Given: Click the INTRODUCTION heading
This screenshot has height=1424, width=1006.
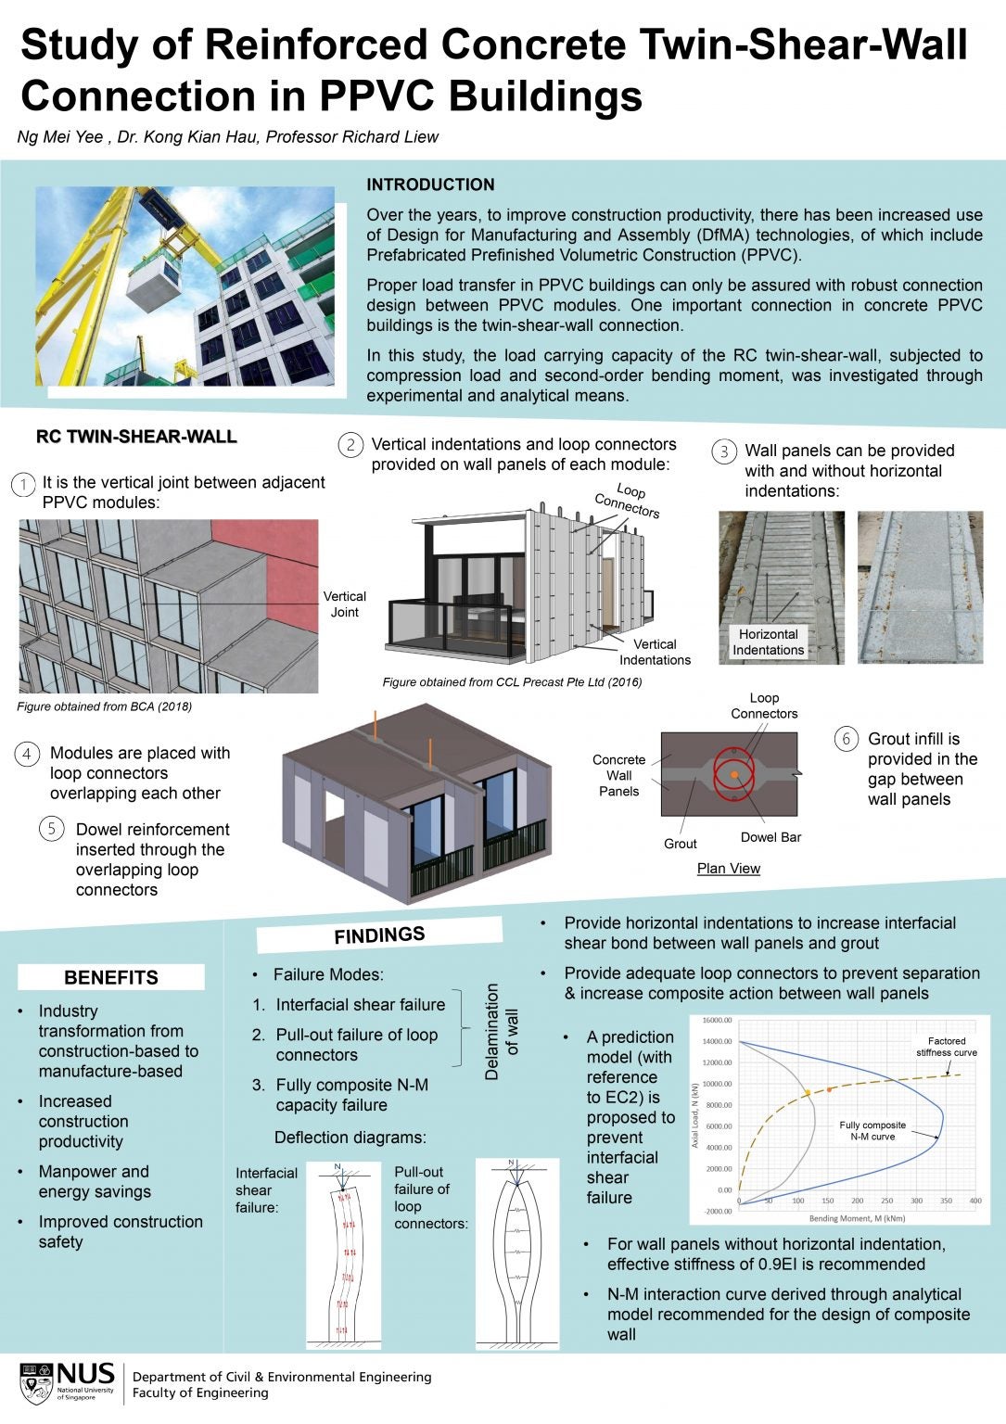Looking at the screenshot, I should click(430, 184).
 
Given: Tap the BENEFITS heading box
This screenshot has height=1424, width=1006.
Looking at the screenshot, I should click(110, 977).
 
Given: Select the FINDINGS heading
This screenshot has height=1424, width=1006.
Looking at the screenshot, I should click(379, 935).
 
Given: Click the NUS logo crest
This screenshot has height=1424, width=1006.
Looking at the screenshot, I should click(36, 1382).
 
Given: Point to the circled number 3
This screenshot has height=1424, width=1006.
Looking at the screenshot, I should click(723, 451).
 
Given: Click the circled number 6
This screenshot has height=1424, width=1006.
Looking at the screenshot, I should click(846, 739).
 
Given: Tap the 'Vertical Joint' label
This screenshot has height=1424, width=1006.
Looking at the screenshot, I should click(344, 604).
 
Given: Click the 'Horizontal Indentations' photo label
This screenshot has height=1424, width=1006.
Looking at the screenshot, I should click(768, 642).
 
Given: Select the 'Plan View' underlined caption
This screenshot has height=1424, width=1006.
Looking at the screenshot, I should click(728, 869).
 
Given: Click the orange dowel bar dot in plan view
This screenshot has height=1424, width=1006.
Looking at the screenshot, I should click(733, 774).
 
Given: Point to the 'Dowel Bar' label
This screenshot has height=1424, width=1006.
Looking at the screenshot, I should click(770, 837).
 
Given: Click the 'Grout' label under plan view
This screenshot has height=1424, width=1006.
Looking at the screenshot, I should click(680, 844).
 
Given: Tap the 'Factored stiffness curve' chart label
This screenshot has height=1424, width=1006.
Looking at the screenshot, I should click(946, 1047).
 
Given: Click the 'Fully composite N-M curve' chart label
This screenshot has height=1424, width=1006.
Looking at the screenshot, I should click(872, 1130).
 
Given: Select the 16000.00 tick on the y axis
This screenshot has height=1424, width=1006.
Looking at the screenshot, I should click(717, 1021).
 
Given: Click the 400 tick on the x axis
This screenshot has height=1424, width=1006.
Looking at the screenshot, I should click(975, 1201).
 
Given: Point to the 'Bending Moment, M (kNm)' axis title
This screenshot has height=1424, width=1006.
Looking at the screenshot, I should click(857, 1218).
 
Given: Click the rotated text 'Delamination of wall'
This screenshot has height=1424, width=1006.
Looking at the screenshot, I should click(502, 1032).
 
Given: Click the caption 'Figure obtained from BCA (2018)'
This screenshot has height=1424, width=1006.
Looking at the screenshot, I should click(104, 706).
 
